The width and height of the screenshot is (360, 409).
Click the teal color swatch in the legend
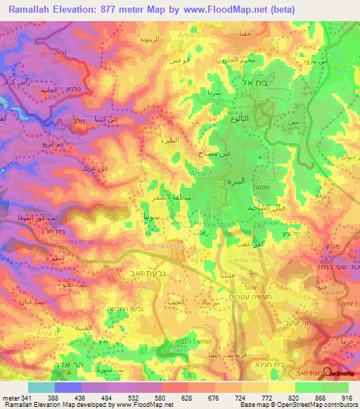coord(41,387)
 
